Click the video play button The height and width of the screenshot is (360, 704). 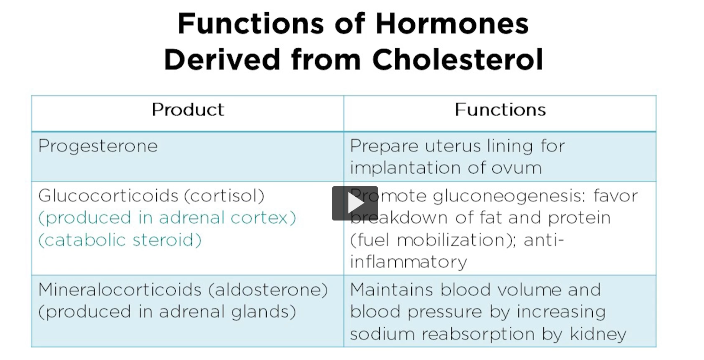[x=355, y=203]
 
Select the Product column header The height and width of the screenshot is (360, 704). [x=188, y=110]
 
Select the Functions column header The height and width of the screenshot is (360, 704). [x=500, y=110]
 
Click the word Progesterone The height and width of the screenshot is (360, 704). [x=98, y=146]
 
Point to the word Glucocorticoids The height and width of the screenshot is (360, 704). [x=108, y=196]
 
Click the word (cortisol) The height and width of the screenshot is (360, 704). [x=224, y=196]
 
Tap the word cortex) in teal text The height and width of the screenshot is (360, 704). [x=263, y=217]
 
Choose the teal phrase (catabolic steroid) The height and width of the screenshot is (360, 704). [x=120, y=240]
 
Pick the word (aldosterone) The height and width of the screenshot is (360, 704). [x=268, y=289]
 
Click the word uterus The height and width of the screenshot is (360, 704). [x=453, y=146]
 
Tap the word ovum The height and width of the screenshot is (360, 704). [x=517, y=168]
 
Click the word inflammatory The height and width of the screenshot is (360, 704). [x=408, y=262]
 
